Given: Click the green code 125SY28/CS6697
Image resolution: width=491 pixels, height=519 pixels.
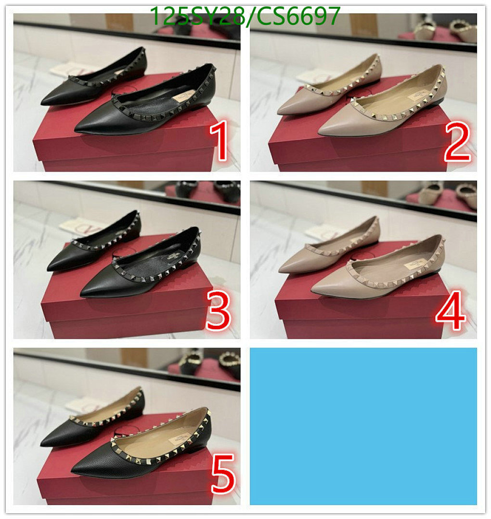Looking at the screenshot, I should [245, 16].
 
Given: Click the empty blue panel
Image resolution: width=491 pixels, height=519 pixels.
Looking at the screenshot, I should [363, 426].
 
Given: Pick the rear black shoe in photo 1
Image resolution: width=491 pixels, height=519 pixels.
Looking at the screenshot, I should [91, 82].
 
